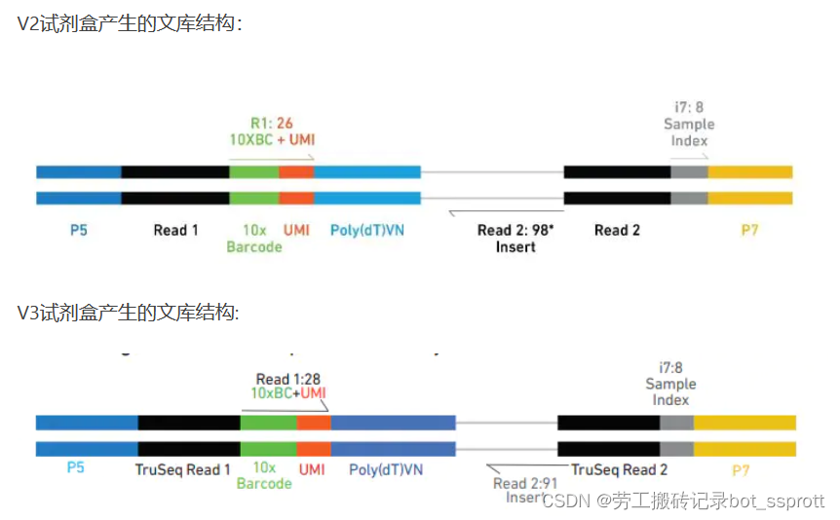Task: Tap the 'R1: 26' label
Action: coord(271,123)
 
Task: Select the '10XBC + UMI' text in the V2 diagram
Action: coord(272,140)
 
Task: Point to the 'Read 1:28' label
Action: coord(287,379)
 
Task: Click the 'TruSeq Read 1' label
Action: coord(183,469)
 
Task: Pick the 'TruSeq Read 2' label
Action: coord(620,469)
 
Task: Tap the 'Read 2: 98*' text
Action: coord(514,230)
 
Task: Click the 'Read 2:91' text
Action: coord(524,483)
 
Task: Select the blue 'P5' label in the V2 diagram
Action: coord(79,230)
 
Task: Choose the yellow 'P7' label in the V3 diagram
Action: coord(741,469)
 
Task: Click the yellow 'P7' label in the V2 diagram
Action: coord(749,230)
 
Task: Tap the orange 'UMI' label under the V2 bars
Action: coord(296,230)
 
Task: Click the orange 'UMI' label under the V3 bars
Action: coord(312,469)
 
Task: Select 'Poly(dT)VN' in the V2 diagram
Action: coord(365,230)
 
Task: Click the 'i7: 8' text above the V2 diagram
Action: coord(688,107)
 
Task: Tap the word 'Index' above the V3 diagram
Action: coord(670,400)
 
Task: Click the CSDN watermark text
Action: coord(682,501)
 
